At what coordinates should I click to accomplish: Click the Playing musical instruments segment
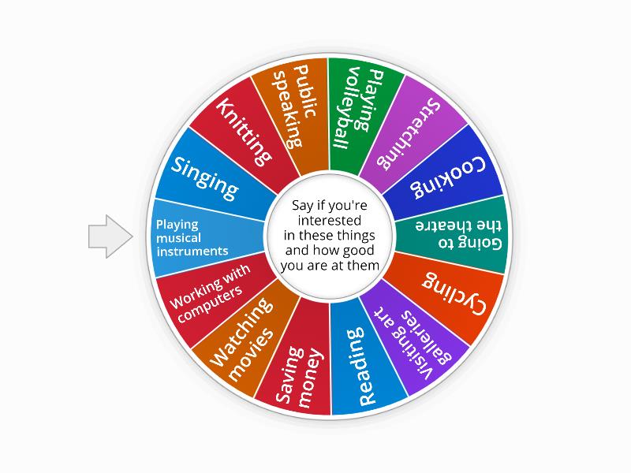tap(193, 237)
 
